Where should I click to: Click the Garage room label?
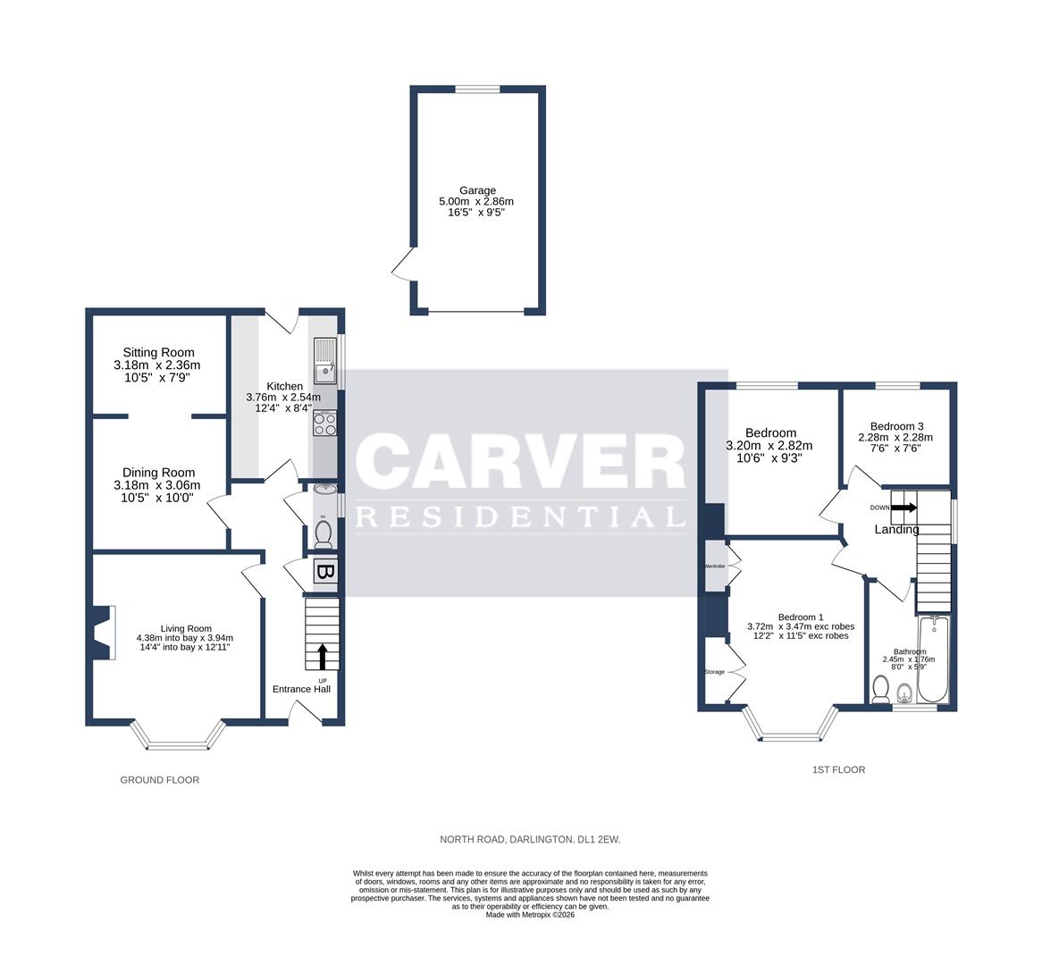477,190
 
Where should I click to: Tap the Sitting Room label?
158,353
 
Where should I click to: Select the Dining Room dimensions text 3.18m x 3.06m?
157,485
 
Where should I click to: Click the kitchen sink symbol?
324,362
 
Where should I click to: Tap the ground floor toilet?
323,534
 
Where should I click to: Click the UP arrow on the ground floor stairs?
321,657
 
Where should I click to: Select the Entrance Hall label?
301,689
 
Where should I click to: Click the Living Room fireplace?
103,634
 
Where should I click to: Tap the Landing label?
896,529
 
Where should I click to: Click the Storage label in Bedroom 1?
714,672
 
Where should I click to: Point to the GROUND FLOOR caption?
160,780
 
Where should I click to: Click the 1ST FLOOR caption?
838,769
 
